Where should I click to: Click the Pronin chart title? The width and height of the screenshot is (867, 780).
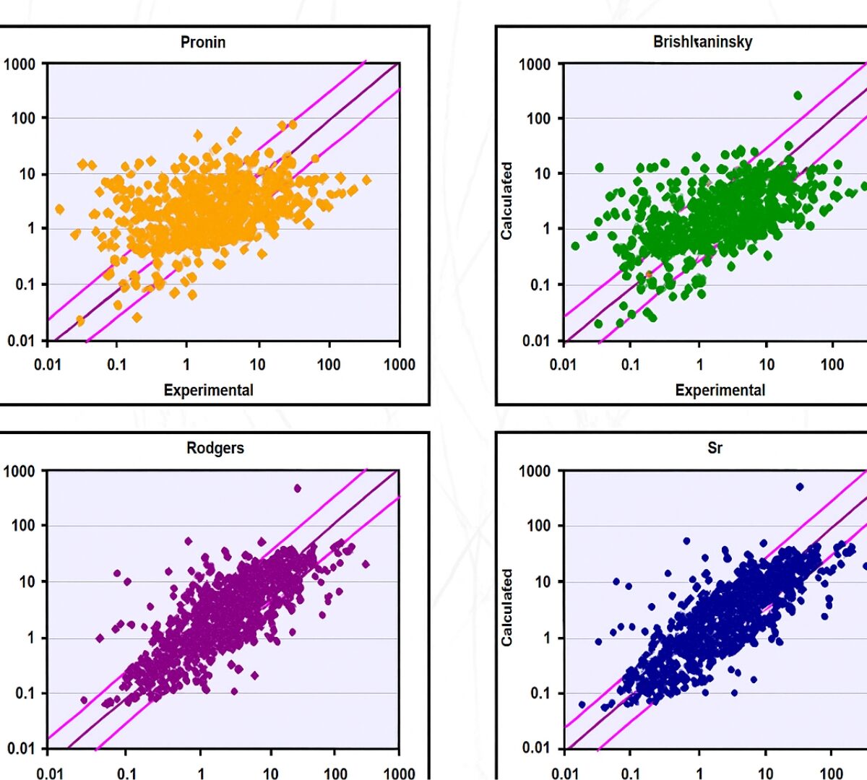(x=203, y=42)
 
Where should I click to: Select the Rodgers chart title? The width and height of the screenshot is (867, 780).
(x=215, y=448)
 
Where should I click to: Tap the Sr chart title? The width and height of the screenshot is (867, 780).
(x=715, y=448)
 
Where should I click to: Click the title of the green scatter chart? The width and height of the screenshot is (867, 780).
(x=702, y=42)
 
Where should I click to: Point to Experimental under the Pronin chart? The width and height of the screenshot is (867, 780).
(x=208, y=390)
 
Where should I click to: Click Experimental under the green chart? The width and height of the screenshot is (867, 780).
(x=720, y=390)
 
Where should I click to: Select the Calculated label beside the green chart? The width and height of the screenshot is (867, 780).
(x=506, y=201)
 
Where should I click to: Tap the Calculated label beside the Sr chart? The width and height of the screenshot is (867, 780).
(x=506, y=607)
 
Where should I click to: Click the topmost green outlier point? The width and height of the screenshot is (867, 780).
(x=798, y=95)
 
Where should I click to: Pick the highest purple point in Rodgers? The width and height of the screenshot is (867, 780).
(x=297, y=488)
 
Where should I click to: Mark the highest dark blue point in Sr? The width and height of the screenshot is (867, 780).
(x=799, y=487)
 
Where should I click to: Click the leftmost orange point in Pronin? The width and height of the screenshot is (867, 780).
(x=59, y=209)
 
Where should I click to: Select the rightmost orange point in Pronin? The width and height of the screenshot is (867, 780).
(x=366, y=180)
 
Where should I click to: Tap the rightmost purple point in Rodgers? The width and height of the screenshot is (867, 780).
(x=365, y=564)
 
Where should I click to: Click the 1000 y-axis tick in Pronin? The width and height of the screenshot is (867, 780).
(x=20, y=64)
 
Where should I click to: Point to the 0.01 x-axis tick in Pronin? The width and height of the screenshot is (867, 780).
(x=48, y=364)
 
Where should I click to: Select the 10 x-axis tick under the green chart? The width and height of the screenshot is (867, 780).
(x=766, y=364)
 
